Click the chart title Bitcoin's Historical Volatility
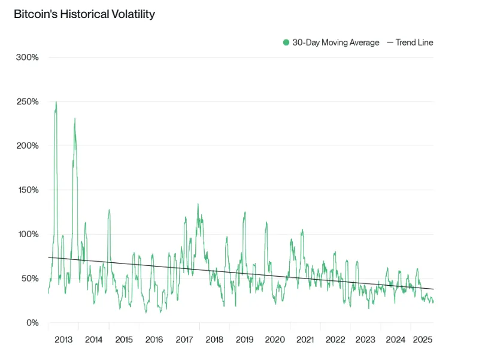(84, 14)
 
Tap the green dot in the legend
(286, 43)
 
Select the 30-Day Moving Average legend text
(335, 43)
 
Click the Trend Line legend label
(414, 43)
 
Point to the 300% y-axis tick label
(27, 58)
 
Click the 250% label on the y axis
(27, 102)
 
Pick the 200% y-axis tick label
(27, 146)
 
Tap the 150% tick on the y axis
(27, 190)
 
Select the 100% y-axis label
(27, 234)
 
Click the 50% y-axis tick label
(29, 279)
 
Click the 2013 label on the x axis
(63, 340)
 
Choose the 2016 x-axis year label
(154, 340)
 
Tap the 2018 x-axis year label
(214, 340)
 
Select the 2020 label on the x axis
(275, 340)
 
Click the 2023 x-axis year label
(365, 340)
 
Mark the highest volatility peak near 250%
(56, 102)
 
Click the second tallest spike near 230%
(75, 119)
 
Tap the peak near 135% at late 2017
(198, 204)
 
